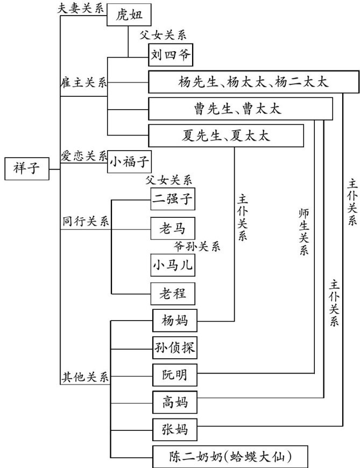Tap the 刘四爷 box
(170, 54)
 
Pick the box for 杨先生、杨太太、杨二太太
(252, 82)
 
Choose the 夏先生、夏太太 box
(226, 135)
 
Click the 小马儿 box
(172, 265)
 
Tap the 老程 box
(172, 294)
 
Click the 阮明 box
(174, 374)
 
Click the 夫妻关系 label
(80, 9)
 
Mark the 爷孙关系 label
(197, 246)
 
